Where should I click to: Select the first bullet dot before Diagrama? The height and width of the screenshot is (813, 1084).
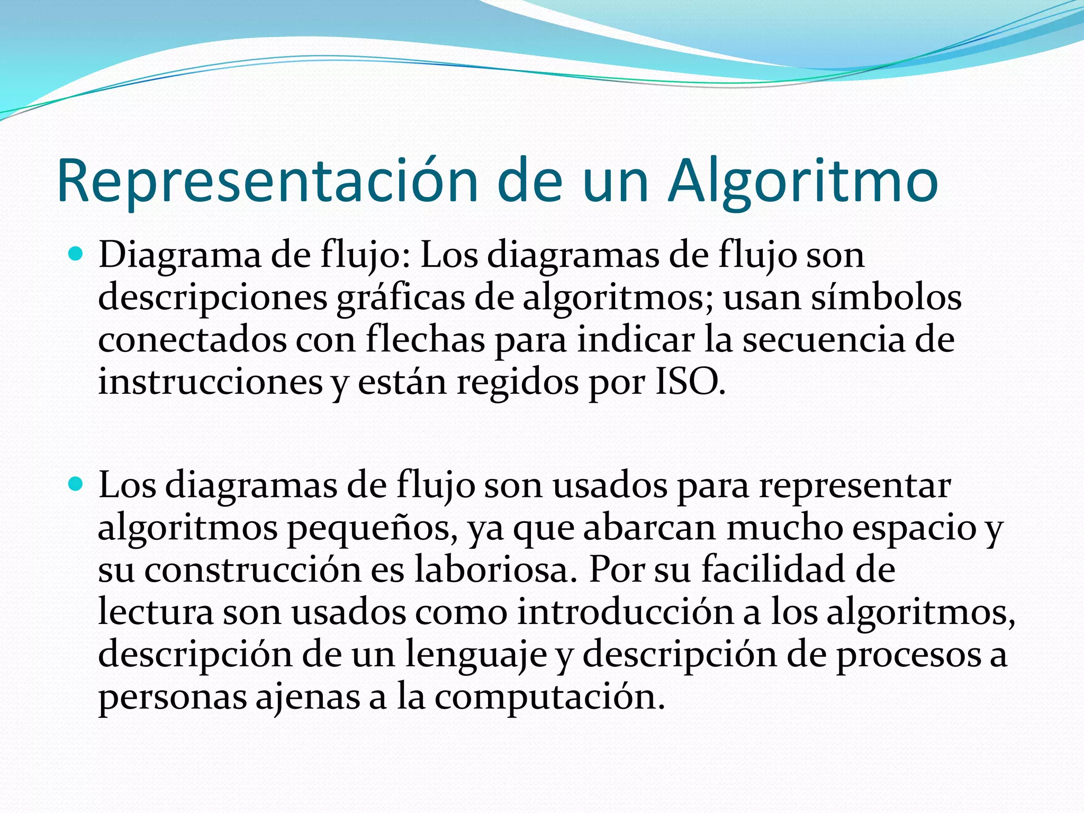click(77, 255)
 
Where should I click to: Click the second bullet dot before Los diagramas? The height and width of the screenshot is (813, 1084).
click(77, 484)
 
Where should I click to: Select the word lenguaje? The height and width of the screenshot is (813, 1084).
click(476, 655)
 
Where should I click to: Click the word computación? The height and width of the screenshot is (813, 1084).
click(550, 697)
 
